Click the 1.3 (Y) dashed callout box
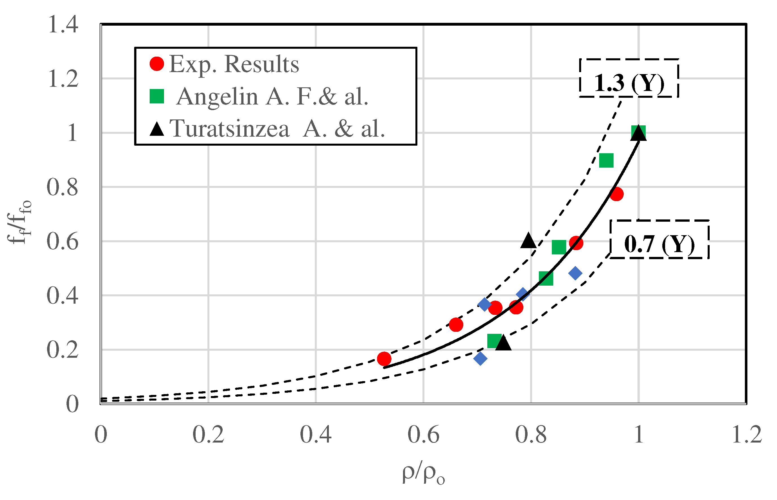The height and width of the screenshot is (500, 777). (628, 78)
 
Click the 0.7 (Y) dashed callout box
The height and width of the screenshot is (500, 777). (659, 239)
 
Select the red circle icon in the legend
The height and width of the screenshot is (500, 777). (157, 64)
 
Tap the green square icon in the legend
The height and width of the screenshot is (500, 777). (157, 96)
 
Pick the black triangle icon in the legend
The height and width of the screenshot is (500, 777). (157, 129)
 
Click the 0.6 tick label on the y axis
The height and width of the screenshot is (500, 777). (62, 242)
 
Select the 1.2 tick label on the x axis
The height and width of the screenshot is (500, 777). (747, 434)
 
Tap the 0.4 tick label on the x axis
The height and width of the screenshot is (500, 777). (315, 434)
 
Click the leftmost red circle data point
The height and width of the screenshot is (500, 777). (384, 359)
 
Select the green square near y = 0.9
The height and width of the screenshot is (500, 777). (606, 160)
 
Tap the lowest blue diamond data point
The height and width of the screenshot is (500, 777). (480, 358)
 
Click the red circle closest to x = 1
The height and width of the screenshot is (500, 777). (616, 194)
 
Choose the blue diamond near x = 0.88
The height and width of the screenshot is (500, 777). (575, 273)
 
